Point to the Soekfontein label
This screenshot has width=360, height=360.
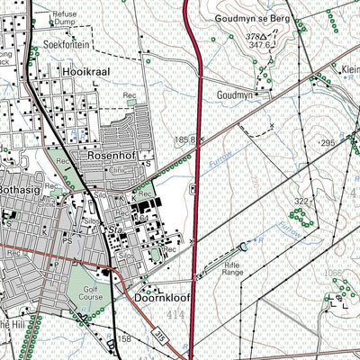pyautogui.click(x=67, y=43)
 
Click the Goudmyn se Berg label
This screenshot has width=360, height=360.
pyautogui.click(x=247, y=18)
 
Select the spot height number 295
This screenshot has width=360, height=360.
pyautogui.click(x=326, y=144)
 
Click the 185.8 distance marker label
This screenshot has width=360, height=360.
pyautogui.click(x=185, y=140)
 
